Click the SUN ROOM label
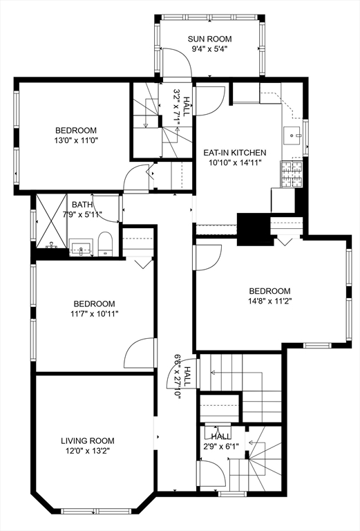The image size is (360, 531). click(209, 39)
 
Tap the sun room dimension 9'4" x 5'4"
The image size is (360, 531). click(209, 50)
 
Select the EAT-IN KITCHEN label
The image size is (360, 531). click(234, 152)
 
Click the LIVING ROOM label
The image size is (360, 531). click(88, 440)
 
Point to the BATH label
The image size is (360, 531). click(82, 204)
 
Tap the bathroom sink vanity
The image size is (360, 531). click(82, 248)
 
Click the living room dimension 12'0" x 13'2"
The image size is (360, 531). click(88, 451)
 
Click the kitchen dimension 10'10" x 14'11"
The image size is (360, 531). click(234, 163)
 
